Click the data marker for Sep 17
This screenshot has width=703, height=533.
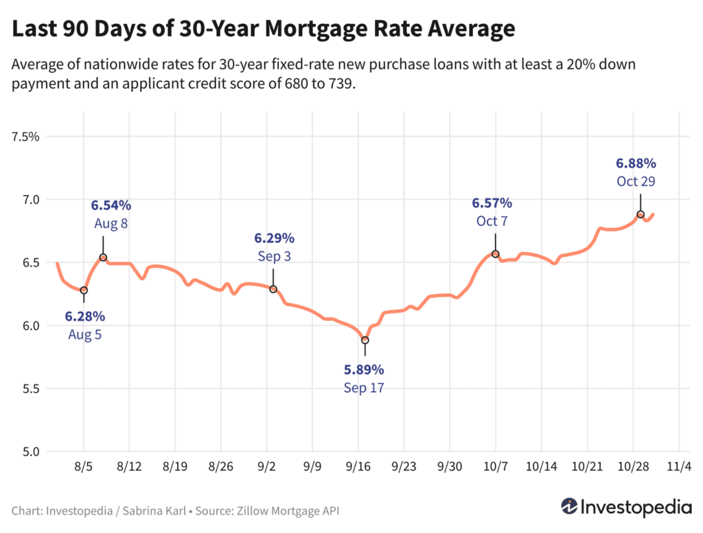click(365, 340)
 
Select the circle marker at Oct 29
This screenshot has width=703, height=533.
click(641, 214)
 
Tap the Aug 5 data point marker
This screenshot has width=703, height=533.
click(84, 290)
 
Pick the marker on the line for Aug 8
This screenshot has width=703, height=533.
click(103, 258)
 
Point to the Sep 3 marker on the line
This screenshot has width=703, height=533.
click(273, 289)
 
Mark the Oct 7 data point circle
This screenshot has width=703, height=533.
click(495, 254)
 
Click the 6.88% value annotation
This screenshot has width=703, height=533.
click(636, 163)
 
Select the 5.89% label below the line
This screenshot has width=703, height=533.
click(364, 370)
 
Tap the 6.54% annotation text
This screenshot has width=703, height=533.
click(111, 205)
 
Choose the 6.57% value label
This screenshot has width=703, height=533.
click(492, 203)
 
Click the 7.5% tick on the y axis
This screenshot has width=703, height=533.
click(26, 137)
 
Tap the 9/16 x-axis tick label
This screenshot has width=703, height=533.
click(357, 466)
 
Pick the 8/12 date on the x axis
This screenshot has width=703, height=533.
click(129, 466)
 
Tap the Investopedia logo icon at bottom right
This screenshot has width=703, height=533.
click(568, 507)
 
